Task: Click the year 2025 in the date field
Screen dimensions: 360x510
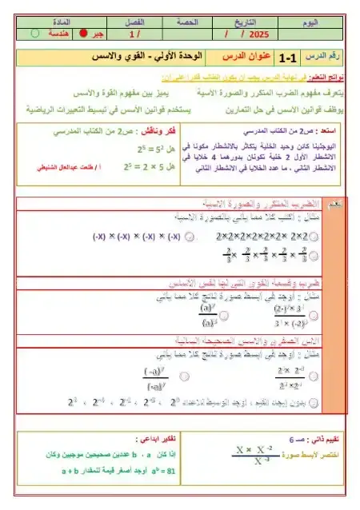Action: pyautogui.click(x=259, y=34)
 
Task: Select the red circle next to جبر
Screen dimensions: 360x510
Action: pyautogui.click(x=82, y=34)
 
